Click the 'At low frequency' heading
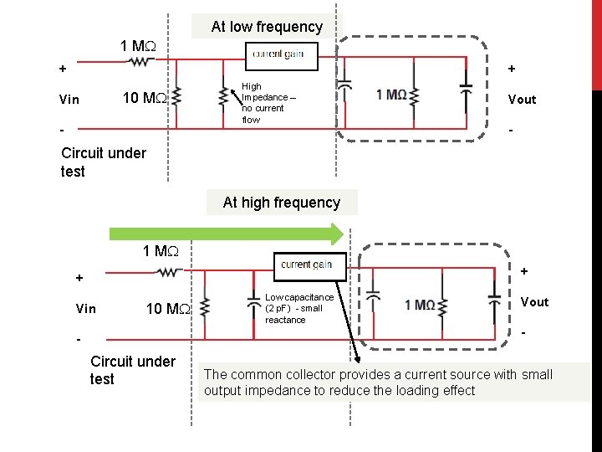click(x=267, y=27)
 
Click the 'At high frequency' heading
click(x=281, y=203)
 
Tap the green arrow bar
click(x=226, y=234)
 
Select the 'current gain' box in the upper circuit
click(x=278, y=54)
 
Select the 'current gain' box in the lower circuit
click(x=307, y=265)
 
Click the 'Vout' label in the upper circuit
click(x=522, y=100)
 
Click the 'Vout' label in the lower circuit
click(x=534, y=302)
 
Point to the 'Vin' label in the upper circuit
click(x=69, y=100)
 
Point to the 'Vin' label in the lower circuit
click(x=85, y=309)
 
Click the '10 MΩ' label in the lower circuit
click(x=168, y=309)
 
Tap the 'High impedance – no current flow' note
click(x=263, y=103)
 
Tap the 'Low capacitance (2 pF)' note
click(x=298, y=309)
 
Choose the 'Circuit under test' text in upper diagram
click(x=103, y=162)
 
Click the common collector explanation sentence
click(x=378, y=383)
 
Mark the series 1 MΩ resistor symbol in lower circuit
click(x=170, y=271)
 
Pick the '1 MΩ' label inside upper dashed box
click(x=392, y=95)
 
